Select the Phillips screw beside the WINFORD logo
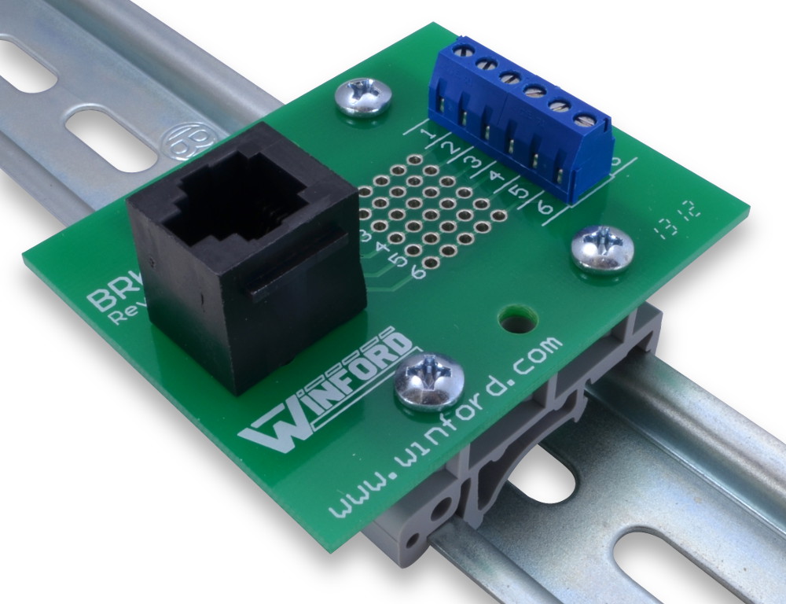428,380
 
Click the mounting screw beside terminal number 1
362,97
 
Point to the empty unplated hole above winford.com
517,319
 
